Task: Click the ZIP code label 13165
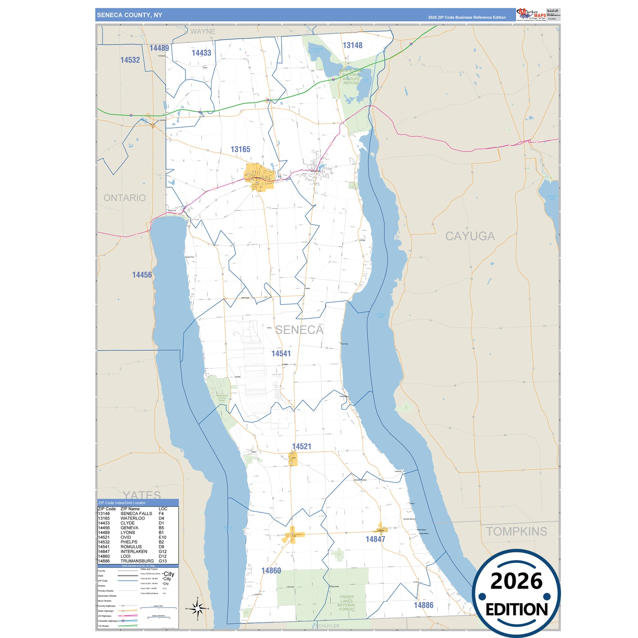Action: click(240, 149)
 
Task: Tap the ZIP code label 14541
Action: click(281, 353)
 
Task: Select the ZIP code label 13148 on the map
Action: click(352, 45)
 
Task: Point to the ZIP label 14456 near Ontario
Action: click(142, 275)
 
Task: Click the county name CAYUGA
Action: click(470, 236)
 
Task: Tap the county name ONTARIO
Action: click(125, 198)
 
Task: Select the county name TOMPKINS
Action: click(516, 531)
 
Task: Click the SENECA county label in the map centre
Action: click(299, 330)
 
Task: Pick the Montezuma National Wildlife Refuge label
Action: click(351, 77)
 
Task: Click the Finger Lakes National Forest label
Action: click(347, 603)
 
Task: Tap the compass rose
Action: click(197, 609)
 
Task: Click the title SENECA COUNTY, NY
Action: click(129, 15)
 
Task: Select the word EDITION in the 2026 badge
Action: click(516, 610)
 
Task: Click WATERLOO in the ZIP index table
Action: click(132, 518)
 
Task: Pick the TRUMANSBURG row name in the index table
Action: click(137, 561)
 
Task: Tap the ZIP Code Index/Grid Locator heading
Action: click(122, 502)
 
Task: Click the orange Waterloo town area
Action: click(260, 177)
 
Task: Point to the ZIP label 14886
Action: click(423, 605)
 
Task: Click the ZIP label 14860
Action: click(271, 570)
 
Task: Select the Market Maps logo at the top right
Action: click(531, 15)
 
